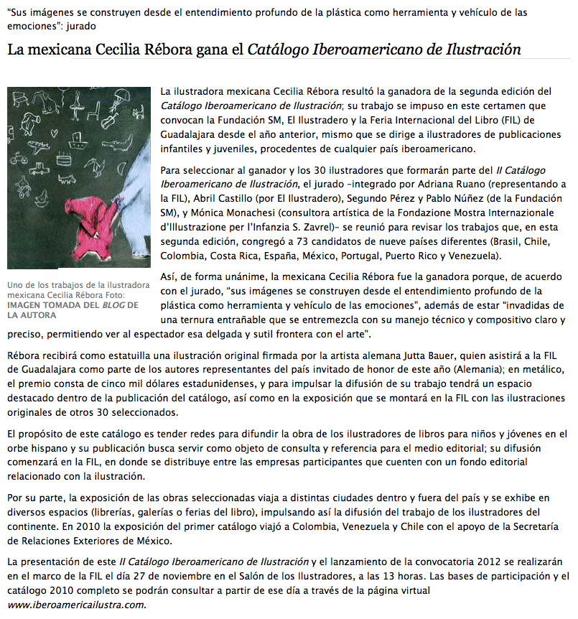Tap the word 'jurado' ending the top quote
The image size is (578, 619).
79,26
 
